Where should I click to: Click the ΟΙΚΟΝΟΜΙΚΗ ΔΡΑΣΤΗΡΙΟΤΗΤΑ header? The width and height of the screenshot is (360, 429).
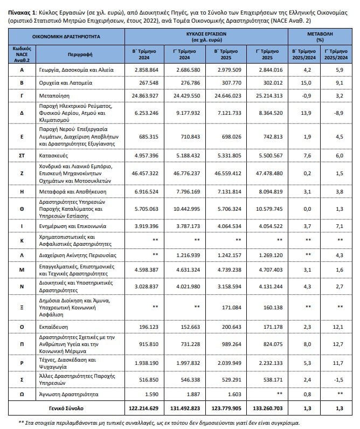point(66,36)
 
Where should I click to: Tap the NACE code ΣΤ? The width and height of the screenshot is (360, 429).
point(22,155)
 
